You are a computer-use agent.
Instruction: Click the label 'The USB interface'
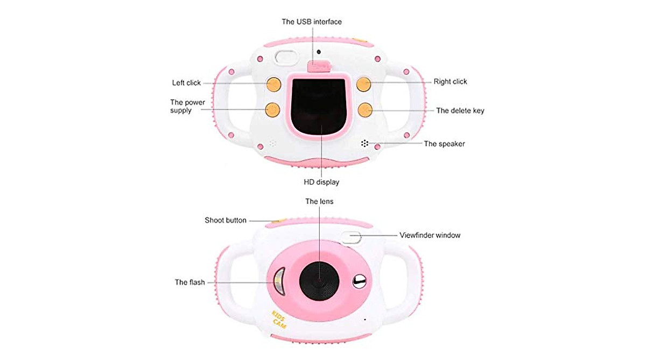[x=312, y=22]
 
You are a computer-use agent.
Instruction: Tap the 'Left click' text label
[x=186, y=83]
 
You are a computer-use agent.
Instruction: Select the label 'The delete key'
[x=460, y=110]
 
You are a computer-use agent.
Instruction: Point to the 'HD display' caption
[x=321, y=182]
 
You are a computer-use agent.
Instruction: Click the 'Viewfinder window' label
[x=430, y=235]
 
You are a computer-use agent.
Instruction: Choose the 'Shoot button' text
[x=226, y=220]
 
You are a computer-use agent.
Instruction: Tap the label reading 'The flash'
[x=189, y=282]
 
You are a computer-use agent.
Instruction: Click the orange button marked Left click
[x=273, y=84]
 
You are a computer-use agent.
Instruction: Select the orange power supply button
[x=272, y=110]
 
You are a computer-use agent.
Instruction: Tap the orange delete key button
[x=365, y=110]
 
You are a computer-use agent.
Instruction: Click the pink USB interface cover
[x=319, y=66]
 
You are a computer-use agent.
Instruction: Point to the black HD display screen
[x=318, y=106]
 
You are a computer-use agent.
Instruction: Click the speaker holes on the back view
[x=364, y=143]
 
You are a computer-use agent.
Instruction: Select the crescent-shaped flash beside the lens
[x=279, y=281]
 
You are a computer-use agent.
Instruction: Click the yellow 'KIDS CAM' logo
[x=279, y=320]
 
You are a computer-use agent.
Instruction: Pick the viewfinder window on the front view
[x=350, y=237]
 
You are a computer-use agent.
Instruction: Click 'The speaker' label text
[x=444, y=144]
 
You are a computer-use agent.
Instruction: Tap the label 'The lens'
[x=319, y=202]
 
